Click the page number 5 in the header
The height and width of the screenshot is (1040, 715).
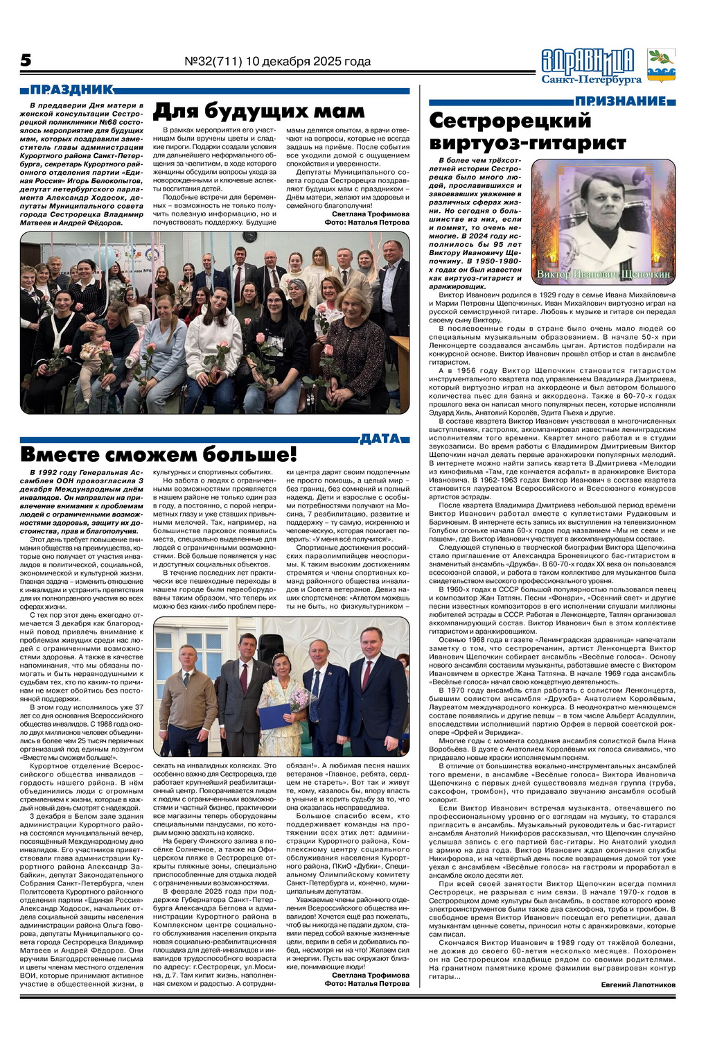(x=26, y=60)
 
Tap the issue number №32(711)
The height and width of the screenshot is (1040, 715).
(x=213, y=62)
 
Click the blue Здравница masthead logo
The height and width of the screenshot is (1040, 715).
(x=588, y=60)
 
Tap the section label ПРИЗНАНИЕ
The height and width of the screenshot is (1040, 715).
(x=621, y=101)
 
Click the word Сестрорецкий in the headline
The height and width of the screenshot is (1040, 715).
(x=510, y=121)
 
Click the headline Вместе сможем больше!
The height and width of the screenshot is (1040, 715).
(x=159, y=455)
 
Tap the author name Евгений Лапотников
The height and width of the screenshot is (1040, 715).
(x=633, y=985)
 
